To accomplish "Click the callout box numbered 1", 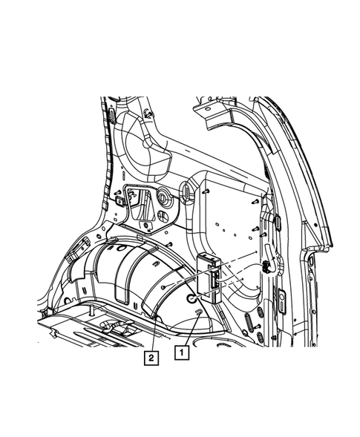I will (180, 355).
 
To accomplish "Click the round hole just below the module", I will (191, 298).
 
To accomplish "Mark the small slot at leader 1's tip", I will (197, 314).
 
